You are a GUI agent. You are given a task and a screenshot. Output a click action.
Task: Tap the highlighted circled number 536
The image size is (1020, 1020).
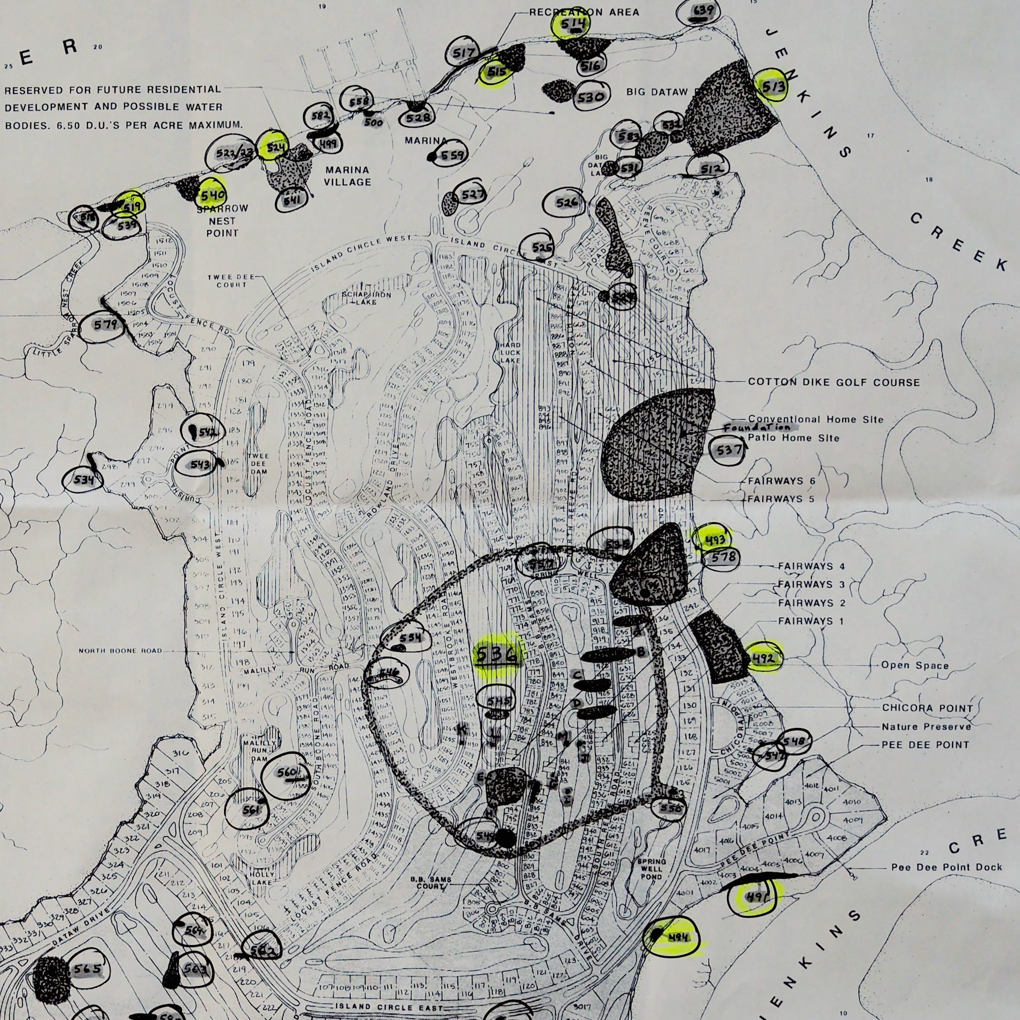[x=497, y=655]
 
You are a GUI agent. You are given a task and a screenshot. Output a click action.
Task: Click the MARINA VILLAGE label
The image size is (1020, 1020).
[x=347, y=176]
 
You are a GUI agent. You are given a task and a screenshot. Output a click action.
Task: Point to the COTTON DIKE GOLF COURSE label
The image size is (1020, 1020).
[x=834, y=382]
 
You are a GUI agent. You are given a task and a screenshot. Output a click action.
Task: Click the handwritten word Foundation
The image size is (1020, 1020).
[x=757, y=428]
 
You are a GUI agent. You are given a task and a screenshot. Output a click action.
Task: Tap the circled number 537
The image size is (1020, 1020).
[x=729, y=450]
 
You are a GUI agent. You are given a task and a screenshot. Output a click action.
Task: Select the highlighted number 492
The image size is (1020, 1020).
[x=763, y=658]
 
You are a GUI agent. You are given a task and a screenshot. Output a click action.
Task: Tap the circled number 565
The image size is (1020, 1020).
[x=87, y=969]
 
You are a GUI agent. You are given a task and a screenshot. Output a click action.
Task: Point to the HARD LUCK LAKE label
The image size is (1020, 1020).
[x=510, y=353]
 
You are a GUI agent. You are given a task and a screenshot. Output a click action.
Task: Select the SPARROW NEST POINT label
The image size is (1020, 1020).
[x=222, y=221]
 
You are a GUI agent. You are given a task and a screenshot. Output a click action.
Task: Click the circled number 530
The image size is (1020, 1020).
[x=591, y=97]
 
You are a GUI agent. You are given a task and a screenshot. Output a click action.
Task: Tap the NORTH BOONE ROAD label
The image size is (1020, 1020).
[x=121, y=651]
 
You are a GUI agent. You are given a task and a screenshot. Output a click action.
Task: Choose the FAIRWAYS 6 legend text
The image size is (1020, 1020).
[x=782, y=481]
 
